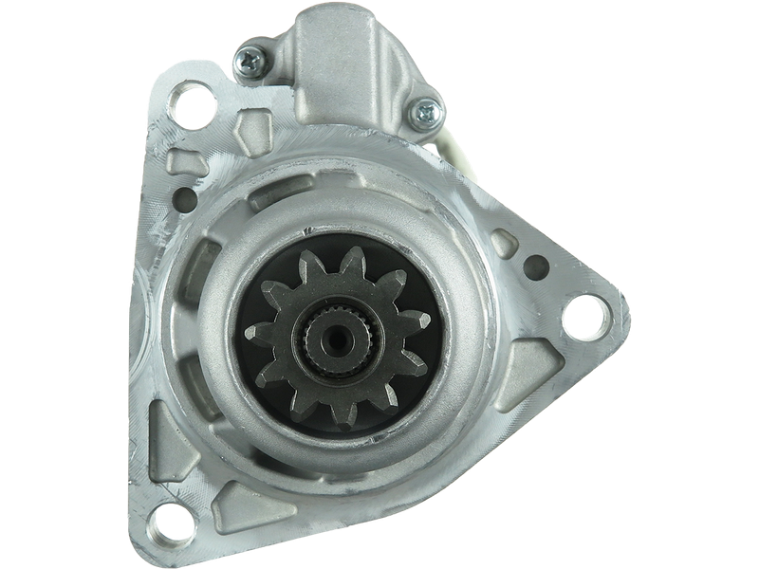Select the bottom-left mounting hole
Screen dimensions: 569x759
170,519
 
